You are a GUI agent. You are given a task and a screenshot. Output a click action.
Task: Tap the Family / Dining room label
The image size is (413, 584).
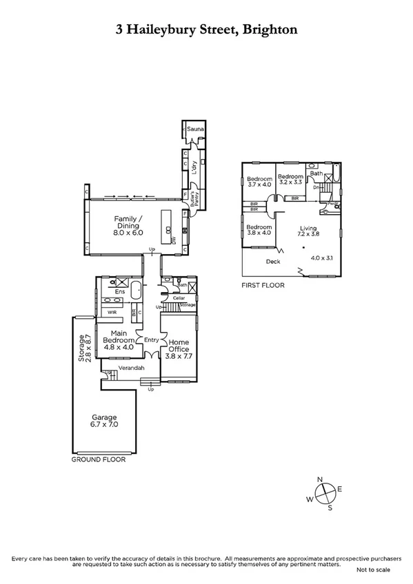point(128,222)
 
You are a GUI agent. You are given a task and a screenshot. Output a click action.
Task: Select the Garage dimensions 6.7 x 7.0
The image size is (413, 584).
point(105,426)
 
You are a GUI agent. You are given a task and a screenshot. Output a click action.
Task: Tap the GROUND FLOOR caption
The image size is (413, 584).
point(99,459)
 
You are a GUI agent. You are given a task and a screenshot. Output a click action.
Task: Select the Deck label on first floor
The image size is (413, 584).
point(273,261)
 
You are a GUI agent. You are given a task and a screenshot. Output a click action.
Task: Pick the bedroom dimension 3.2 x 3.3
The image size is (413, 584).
point(290,183)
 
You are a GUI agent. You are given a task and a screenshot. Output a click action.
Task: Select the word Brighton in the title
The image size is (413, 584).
point(270,30)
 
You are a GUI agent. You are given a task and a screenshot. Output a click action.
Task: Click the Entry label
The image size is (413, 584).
point(151,340)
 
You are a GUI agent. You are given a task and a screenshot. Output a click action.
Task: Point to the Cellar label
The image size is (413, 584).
point(170,298)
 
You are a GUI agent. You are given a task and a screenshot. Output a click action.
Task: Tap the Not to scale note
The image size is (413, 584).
point(372,570)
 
